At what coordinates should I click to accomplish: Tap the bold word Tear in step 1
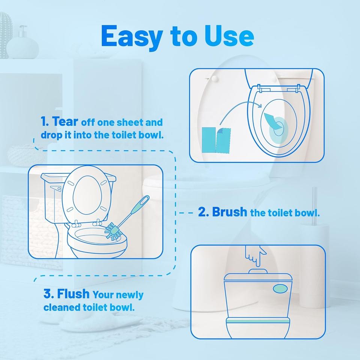[x=65, y=121]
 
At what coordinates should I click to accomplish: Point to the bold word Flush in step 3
[x=73, y=294]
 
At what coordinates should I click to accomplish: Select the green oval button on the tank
[x=280, y=289]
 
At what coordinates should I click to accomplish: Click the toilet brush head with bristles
[x=113, y=231]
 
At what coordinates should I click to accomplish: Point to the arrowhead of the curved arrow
[x=259, y=105]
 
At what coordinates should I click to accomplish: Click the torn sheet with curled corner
[x=223, y=140]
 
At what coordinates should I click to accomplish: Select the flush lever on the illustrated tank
[x=56, y=188]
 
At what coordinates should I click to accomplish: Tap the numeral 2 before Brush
[x=202, y=212]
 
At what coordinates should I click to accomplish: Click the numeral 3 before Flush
[x=47, y=294]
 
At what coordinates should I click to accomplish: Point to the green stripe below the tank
[x=258, y=321]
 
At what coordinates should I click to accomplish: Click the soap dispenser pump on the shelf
[x=22, y=31]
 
